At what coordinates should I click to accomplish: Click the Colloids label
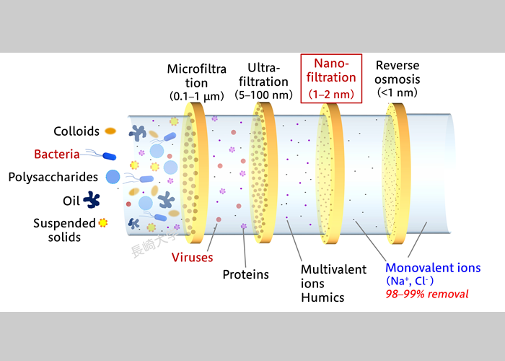(76, 131)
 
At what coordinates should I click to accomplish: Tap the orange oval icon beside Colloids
(110, 131)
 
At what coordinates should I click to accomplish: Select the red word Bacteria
(57, 154)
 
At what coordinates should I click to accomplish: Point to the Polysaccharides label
(53, 177)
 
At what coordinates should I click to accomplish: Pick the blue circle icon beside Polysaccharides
(113, 177)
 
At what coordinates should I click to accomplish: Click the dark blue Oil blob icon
(92, 200)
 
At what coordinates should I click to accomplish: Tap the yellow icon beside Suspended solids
(102, 222)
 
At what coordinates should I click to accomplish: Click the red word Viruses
(193, 257)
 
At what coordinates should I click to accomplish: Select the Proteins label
(246, 274)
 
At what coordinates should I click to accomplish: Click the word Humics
(322, 297)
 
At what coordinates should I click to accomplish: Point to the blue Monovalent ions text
(433, 268)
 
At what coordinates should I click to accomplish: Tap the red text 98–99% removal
(427, 294)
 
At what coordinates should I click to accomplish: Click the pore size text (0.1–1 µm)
(197, 96)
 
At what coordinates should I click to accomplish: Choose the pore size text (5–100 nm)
(263, 95)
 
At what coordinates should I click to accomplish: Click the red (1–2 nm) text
(331, 94)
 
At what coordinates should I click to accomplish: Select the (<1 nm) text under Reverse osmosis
(398, 92)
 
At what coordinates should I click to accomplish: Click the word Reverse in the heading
(398, 66)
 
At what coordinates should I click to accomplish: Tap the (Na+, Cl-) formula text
(410, 281)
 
